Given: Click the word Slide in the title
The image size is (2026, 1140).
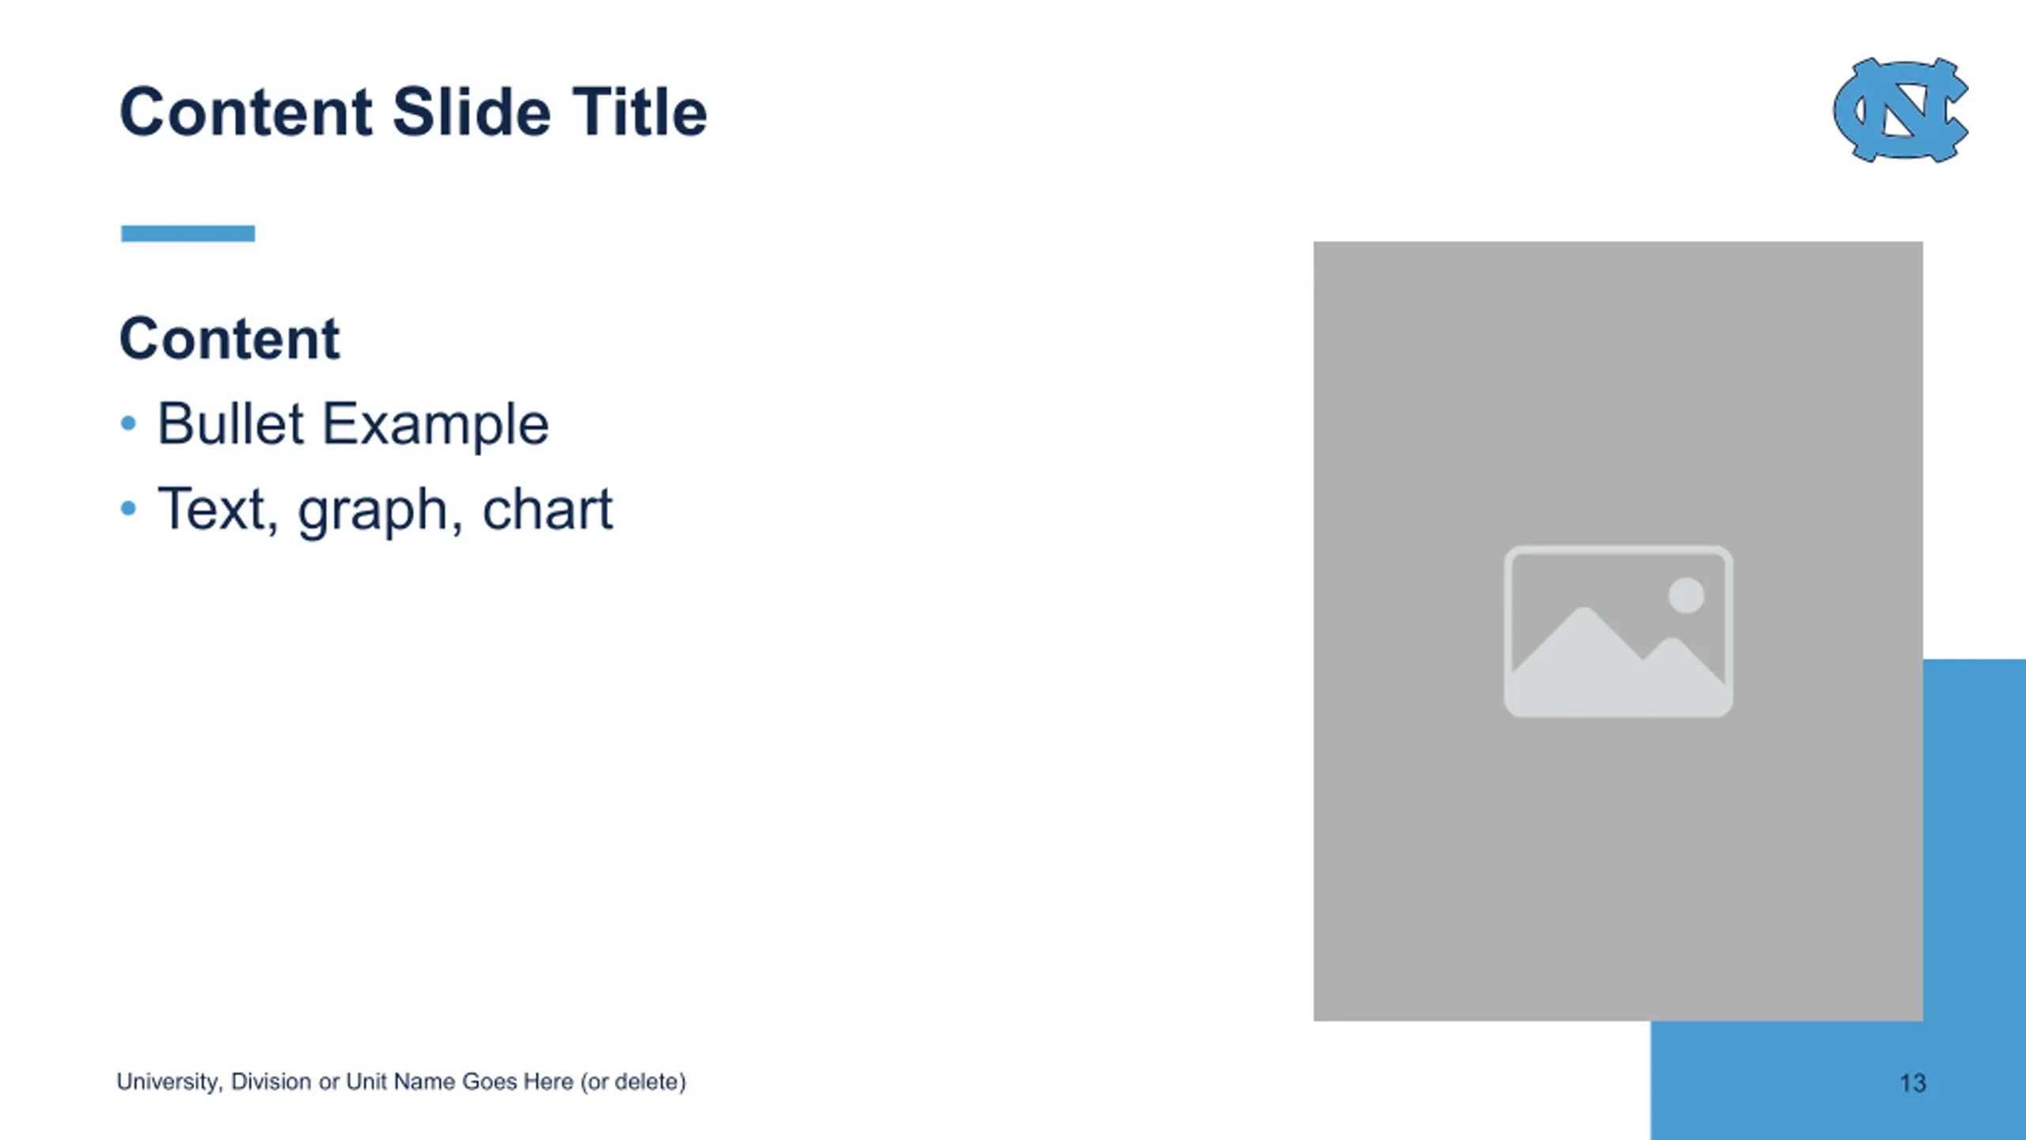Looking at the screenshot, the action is (472, 112).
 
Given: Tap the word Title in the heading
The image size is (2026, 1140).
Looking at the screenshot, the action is (639, 112).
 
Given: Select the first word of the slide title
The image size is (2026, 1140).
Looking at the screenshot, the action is (246, 112).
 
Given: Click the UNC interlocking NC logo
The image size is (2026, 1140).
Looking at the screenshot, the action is (1901, 109).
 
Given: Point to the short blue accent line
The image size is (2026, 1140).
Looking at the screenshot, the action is (188, 234).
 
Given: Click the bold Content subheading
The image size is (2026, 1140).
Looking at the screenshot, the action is (230, 338).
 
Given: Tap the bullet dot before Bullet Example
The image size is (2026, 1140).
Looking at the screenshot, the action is (128, 424).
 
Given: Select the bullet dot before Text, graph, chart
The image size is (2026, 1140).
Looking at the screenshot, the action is (128, 508).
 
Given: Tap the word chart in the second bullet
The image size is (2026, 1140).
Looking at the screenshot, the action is (547, 508).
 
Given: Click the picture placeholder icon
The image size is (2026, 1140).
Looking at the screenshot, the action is (1618, 631).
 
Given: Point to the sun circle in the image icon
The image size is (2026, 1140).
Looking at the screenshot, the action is (1686, 595).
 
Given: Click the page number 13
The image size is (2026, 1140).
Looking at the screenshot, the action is (1913, 1083).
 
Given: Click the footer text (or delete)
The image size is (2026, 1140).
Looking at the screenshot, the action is (633, 1082).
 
